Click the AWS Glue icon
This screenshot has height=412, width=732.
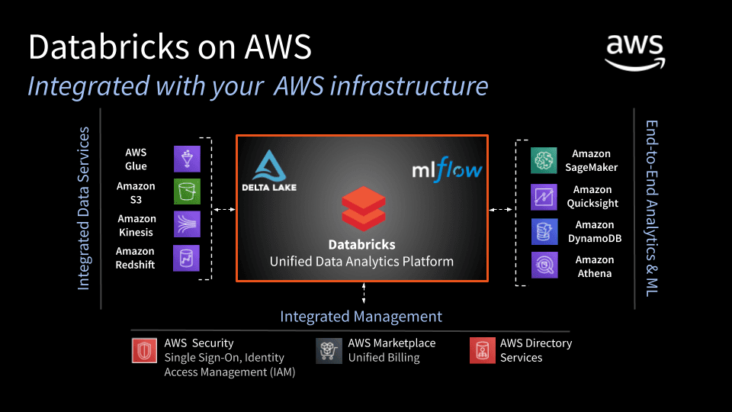pos(188,159)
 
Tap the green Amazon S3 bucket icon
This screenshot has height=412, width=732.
pos(188,192)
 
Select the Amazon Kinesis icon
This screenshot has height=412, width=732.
pos(188,224)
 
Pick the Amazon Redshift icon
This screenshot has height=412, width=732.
pos(187,258)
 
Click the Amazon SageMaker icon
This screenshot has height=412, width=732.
pos(544,160)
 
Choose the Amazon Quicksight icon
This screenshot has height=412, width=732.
pos(544,197)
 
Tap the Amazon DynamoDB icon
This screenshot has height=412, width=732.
pos(544,232)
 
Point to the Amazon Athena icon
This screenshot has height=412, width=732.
pos(544,266)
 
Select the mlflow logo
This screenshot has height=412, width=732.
pos(447,169)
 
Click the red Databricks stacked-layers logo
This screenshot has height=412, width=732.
pos(364,209)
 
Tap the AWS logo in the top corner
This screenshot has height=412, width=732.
pos(635,53)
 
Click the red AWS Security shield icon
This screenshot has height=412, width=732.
pos(144,350)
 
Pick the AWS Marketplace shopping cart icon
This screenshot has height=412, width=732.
pos(329,351)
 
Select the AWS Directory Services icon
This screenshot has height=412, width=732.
pos(482,350)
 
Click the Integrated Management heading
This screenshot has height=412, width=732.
pos(361,316)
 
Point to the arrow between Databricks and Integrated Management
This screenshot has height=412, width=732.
pos(364,293)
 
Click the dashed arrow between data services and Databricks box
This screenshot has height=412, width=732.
pos(224,210)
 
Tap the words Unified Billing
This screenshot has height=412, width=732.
pos(384,357)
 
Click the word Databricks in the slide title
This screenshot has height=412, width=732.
pos(110,47)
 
